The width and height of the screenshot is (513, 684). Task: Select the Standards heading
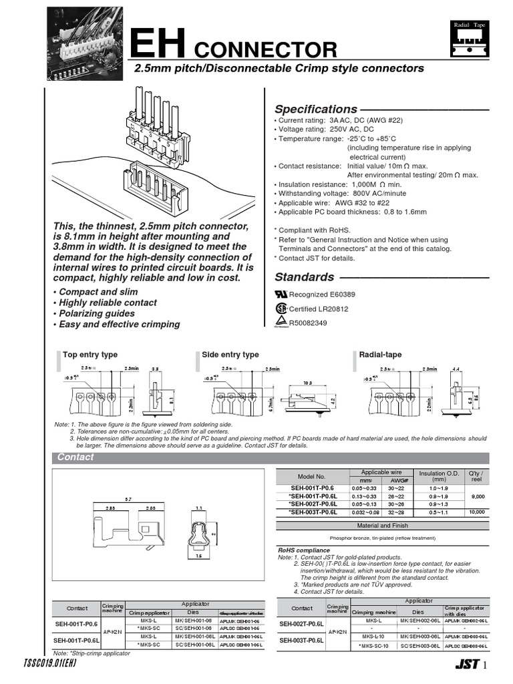(x=305, y=277)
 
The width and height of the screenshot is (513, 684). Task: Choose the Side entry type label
(x=230, y=355)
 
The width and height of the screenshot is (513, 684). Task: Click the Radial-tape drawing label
(x=380, y=355)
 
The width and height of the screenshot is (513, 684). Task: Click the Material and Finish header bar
(x=383, y=525)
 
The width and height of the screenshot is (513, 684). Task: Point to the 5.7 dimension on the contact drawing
(x=128, y=499)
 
